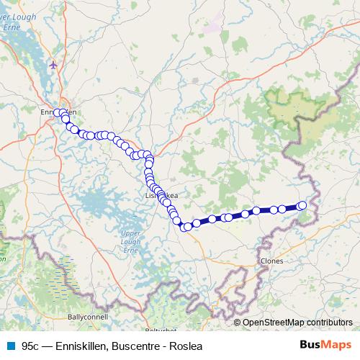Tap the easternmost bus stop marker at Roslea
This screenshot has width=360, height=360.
[302, 206]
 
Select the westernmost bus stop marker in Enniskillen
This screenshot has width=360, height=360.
[57, 112]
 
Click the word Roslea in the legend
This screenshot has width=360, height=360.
[186, 345]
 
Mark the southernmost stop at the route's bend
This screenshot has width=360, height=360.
[182, 228]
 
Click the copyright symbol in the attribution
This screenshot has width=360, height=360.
[237, 322]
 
